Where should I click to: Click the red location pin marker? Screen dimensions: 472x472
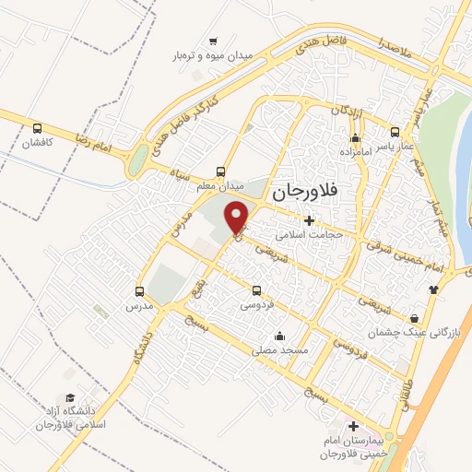pyautogui.click(x=238, y=217)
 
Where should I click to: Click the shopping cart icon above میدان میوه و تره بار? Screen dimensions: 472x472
pyautogui.click(x=213, y=41)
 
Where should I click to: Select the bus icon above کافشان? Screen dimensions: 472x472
pyautogui.click(x=38, y=129)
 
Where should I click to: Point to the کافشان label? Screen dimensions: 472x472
pyautogui.click(x=39, y=144)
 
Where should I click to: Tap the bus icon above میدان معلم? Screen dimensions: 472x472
pyautogui.click(x=219, y=171)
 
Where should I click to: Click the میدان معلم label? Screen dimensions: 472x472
pyautogui.click(x=218, y=185)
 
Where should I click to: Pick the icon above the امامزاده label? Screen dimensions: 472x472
pyautogui.click(x=354, y=136)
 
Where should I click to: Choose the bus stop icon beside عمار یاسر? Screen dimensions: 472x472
pyautogui.click(x=395, y=132)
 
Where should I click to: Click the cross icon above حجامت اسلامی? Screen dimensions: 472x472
pyautogui.click(x=309, y=220)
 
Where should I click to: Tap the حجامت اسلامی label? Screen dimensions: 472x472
pyautogui.click(x=312, y=234)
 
